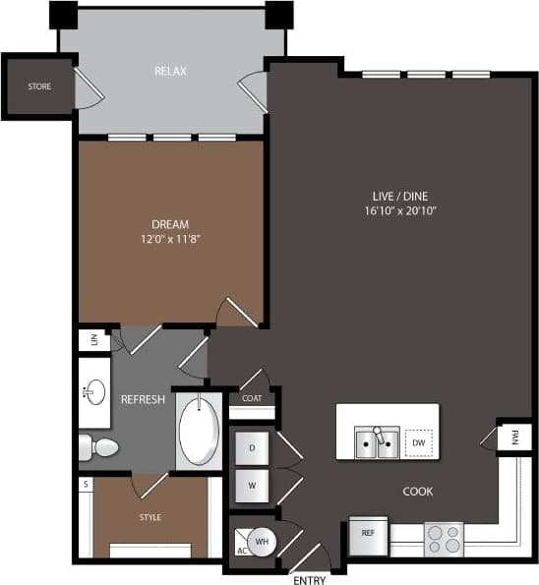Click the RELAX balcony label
pos(170,72)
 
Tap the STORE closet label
pos(38,87)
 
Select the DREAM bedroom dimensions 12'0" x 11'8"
pos(170,238)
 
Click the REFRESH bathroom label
pos(143,400)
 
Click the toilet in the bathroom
pos(98,448)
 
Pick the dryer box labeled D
pos(252,448)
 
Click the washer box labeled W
pos(252,485)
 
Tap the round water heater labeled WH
pos(263,541)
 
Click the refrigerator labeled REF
pos(368,534)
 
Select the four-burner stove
pos(443,539)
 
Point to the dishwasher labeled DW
pos(419,443)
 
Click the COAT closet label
pos(251,399)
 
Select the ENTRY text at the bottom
pos(309,580)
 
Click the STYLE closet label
pos(150,517)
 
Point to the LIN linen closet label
pos(95,340)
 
